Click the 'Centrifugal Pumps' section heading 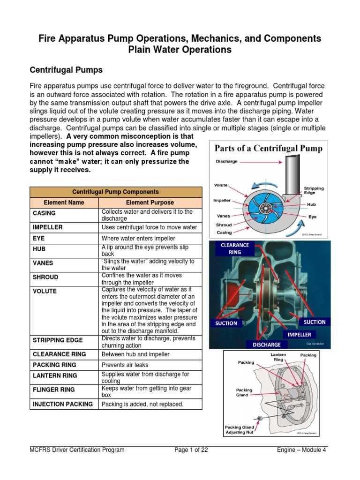[x=66, y=70]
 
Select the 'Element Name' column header [x=64, y=202]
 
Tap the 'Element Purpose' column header [x=150, y=202]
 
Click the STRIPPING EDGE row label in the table [x=58, y=340]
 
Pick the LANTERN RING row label [x=55, y=375]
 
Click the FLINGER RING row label [x=54, y=390]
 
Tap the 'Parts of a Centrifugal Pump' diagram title [x=269, y=149]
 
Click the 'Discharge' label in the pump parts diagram [x=226, y=161]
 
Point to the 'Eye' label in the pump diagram [x=312, y=217]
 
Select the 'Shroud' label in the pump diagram [x=224, y=225]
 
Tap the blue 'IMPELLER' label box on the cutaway [x=299, y=335]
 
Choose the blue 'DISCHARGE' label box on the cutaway [x=267, y=345]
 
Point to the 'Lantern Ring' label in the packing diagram [x=278, y=358]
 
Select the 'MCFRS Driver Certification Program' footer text [x=77, y=450]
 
